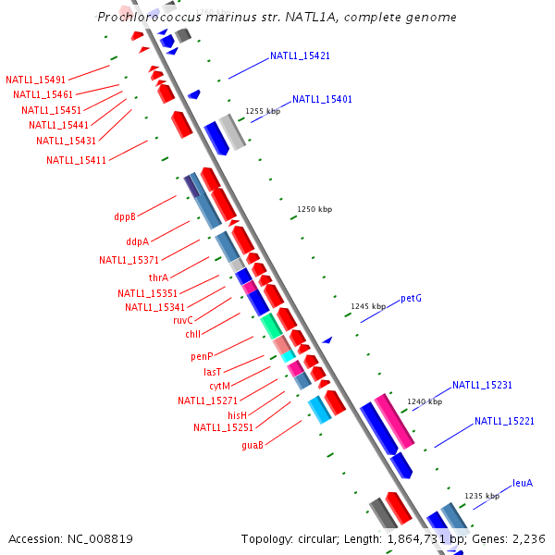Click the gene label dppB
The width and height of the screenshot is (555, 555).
[125, 216]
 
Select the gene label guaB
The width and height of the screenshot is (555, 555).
[253, 445]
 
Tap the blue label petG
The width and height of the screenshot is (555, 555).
[411, 299]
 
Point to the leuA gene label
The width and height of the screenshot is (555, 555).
[523, 483]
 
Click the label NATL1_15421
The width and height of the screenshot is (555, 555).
[300, 55]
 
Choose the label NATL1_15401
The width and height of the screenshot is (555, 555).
[322, 99]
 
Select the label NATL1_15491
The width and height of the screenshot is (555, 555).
[35, 80]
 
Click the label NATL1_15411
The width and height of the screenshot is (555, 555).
[76, 160]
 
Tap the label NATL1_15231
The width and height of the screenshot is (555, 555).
[482, 385]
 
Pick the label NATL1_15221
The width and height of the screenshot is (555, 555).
[504, 421]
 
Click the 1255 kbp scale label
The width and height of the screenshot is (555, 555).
[263, 111]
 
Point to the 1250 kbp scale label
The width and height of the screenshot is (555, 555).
[314, 210]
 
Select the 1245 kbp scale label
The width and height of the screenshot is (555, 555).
[368, 306]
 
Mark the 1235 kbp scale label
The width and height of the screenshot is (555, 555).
[482, 496]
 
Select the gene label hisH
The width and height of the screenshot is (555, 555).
[238, 415]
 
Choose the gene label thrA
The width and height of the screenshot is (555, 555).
[158, 277]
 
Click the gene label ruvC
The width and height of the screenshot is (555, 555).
[183, 320]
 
